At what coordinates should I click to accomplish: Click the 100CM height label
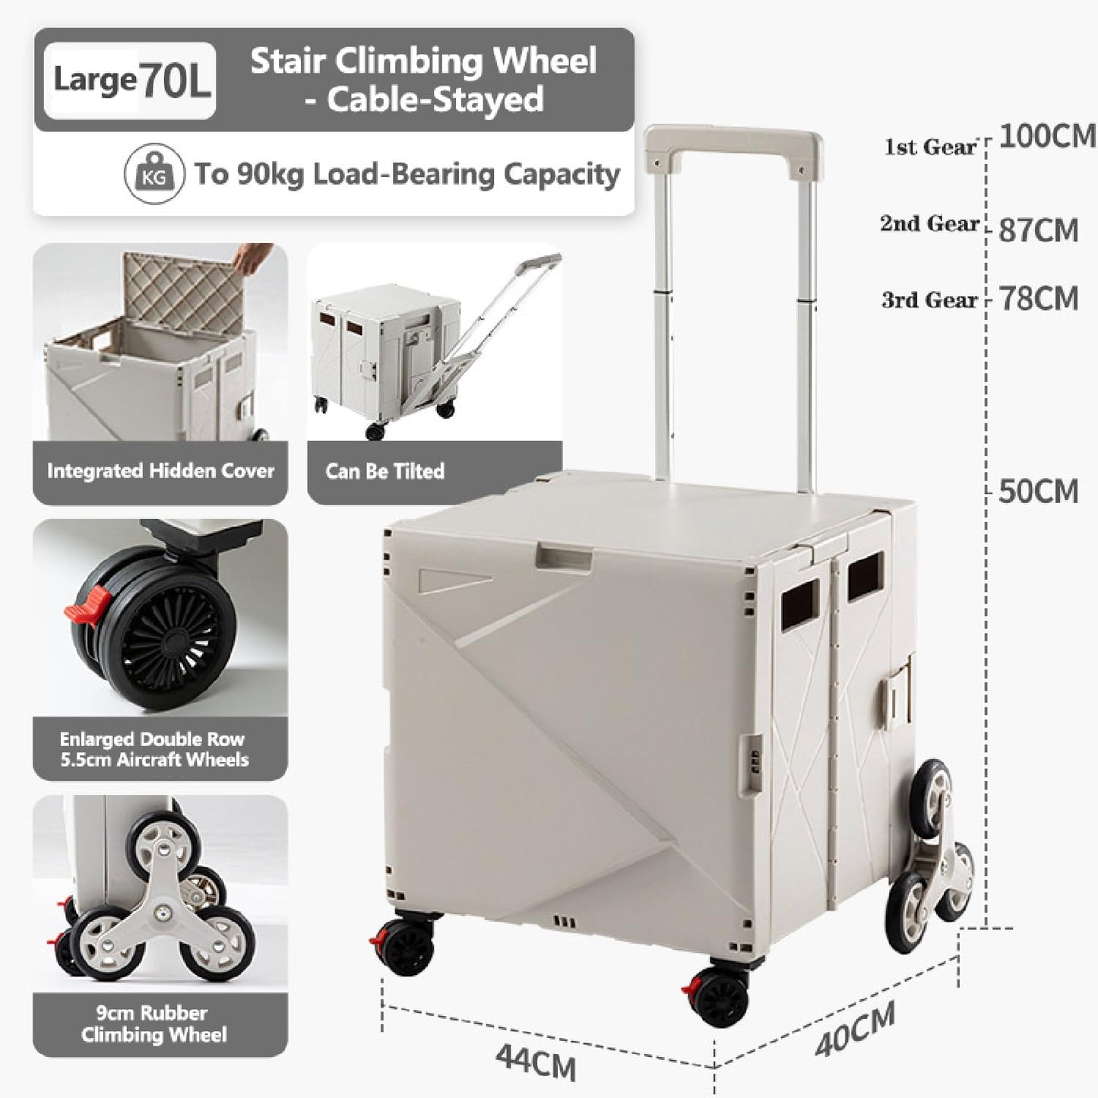pos(1046,137)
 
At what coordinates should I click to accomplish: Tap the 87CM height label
pos(1038,230)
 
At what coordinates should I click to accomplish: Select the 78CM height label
pos(1038,299)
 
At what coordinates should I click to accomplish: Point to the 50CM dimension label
pos(1038,492)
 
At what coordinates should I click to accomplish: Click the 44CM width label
pos(536,1061)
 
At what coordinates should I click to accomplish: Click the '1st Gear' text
pos(929,147)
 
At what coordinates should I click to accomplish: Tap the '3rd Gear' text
pos(929,300)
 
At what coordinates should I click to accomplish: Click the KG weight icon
pos(154,175)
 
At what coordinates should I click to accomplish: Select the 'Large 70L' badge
pos(130,81)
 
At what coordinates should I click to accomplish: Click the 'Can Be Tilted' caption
pos(384,471)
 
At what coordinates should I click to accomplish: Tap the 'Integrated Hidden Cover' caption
pos(160,471)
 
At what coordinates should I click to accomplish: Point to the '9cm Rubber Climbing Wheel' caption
pos(153,1024)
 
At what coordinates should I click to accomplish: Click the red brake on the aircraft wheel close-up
pos(81,606)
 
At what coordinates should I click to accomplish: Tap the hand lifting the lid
pos(255,258)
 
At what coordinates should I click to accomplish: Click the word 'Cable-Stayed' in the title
pos(435,100)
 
